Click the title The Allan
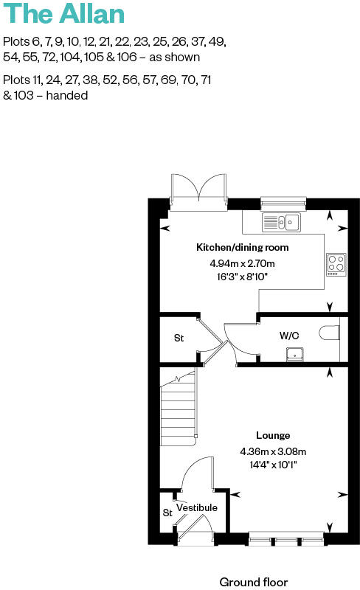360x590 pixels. pos(63,14)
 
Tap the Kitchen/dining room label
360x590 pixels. pos(242,247)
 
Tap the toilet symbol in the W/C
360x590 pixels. pos(330,334)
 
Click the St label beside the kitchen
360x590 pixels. pos(179,339)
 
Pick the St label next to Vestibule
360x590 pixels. pos(167,513)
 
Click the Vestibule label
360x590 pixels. pos(197,508)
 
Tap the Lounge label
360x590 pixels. pos(273,435)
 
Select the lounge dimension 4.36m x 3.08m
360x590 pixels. pos(273,451)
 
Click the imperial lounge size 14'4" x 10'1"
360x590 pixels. pos(273,465)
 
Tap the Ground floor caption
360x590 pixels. pos(254,582)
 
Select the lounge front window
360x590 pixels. pos(286,541)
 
